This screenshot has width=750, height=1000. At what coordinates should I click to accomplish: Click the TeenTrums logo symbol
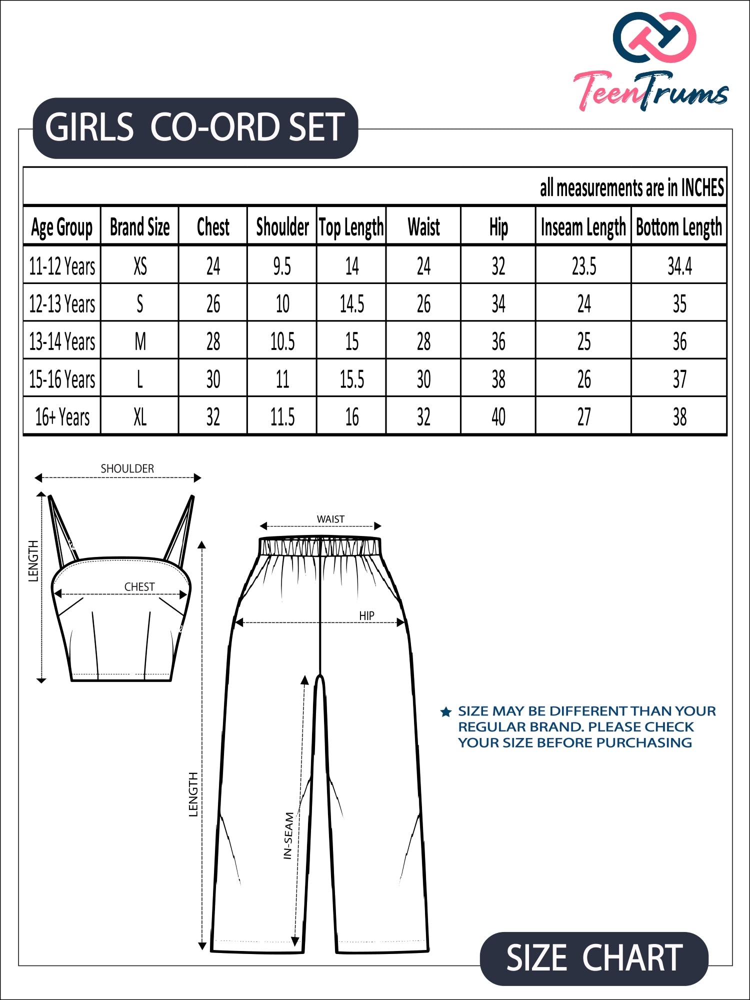(654, 37)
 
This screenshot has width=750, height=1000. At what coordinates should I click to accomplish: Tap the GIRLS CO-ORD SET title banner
(195, 127)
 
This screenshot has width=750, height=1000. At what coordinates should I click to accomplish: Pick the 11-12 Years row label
(62, 266)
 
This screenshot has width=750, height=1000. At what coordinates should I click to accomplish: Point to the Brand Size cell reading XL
(140, 417)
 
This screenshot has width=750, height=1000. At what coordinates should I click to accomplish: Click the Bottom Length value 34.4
(679, 266)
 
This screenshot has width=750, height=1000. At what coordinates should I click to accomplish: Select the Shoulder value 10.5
(282, 342)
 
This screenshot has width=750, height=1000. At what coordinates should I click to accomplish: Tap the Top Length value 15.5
(351, 379)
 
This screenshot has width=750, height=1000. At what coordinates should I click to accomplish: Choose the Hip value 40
(498, 417)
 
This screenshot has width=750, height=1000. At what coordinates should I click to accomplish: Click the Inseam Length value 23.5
(583, 266)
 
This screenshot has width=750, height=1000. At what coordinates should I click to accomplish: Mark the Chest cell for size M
(213, 342)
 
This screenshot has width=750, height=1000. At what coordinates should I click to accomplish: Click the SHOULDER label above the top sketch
(127, 468)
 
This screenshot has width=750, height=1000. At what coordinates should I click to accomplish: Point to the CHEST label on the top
(139, 586)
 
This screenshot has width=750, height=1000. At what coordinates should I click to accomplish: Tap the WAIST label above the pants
(330, 519)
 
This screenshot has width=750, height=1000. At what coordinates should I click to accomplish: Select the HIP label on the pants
(366, 615)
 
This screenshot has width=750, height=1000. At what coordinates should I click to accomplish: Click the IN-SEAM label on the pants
(288, 835)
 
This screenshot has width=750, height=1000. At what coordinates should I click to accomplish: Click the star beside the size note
(446, 712)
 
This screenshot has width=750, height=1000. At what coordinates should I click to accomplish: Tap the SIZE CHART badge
(594, 958)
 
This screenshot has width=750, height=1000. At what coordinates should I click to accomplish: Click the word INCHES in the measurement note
(702, 188)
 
